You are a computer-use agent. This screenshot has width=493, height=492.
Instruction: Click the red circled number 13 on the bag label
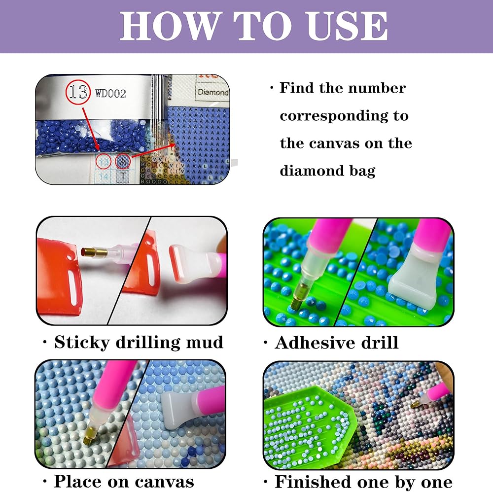[x=78, y=92]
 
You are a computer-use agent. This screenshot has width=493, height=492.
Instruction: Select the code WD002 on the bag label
[x=110, y=93]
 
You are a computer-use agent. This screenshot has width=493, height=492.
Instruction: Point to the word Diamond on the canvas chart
[x=213, y=92]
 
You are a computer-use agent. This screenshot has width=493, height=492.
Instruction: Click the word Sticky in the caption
[x=82, y=343]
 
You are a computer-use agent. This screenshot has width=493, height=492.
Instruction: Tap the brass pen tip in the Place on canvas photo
[x=89, y=434]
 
